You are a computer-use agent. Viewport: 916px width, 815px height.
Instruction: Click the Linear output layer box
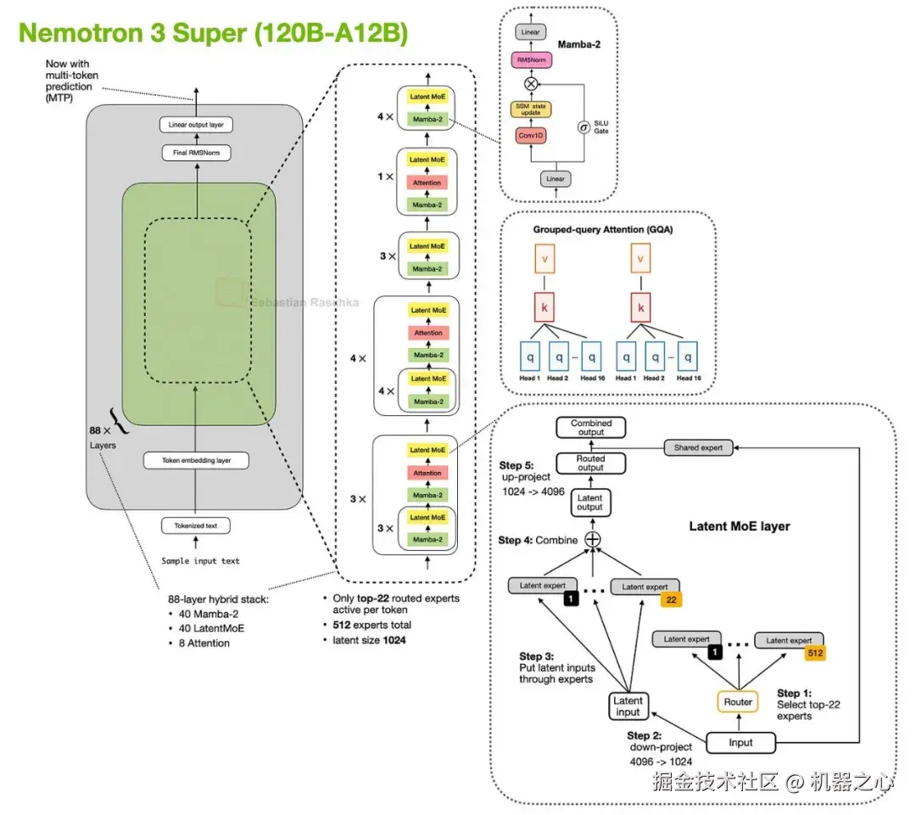[x=196, y=126]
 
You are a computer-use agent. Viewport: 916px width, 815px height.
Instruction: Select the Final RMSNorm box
[x=196, y=154]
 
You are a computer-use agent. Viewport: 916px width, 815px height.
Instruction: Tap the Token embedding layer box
[x=196, y=461]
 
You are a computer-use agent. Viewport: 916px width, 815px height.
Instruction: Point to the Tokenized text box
[x=196, y=526]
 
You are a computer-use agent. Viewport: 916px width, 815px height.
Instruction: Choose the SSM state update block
[x=531, y=109]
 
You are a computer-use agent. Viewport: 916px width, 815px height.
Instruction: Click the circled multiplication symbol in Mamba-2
[x=532, y=83]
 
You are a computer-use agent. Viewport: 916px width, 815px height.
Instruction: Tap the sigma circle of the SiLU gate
[x=584, y=127]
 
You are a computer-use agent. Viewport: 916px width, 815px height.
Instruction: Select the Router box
[x=737, y=702]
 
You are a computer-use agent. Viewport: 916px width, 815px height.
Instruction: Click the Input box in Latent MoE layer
[x=740, y=743]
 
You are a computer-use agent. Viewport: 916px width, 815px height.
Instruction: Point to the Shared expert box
[x=698, y=447]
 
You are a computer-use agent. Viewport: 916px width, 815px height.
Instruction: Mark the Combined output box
[x=591, y=428]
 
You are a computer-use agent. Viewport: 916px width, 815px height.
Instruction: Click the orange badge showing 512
[x=815, y=654]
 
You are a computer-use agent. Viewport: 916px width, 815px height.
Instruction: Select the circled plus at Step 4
[x=592, y=540]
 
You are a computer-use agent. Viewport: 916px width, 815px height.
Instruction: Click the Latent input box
[x=628, y=706]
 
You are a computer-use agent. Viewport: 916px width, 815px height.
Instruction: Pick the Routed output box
[x=591, y=463]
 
